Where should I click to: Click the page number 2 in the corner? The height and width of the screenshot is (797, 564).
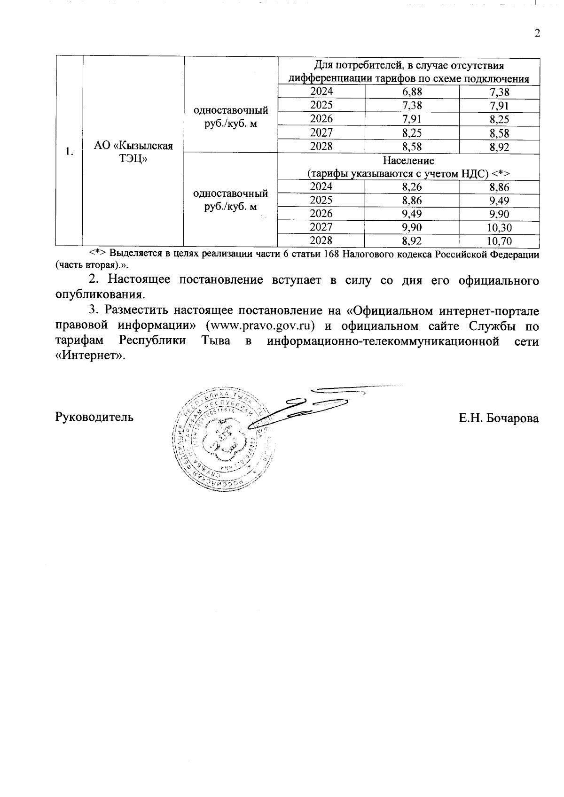pyautogui.click(x=537, y=33)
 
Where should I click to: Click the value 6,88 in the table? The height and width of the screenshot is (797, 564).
pyautogui.click(x=412, y=92)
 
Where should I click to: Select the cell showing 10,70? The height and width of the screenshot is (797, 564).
pyautogui.click(x=499, y=241)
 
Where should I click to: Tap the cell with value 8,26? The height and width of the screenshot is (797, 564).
pyautogui.click(x=412, y=187)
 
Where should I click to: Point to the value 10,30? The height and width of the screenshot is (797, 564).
pyautogui.click(x=499, y=228)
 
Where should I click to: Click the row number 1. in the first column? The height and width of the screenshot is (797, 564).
pyautogui.click(x=69, y=151)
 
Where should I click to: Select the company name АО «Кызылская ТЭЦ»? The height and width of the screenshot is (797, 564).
pyautogui.click(x=133, y=151)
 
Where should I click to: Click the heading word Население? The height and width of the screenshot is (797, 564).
pyautogui.click(x=408, y=161)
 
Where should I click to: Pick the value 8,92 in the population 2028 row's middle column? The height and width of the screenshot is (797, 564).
pyautogui.click(x=412, y=241)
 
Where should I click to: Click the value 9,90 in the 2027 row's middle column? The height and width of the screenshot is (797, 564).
pyautogui.click(x=412, y=228)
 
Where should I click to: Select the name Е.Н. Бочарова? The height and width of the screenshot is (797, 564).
pyautogui.click(x=499, y=418)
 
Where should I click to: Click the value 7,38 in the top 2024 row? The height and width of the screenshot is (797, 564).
pyautogui.click(x=499, y=92)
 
